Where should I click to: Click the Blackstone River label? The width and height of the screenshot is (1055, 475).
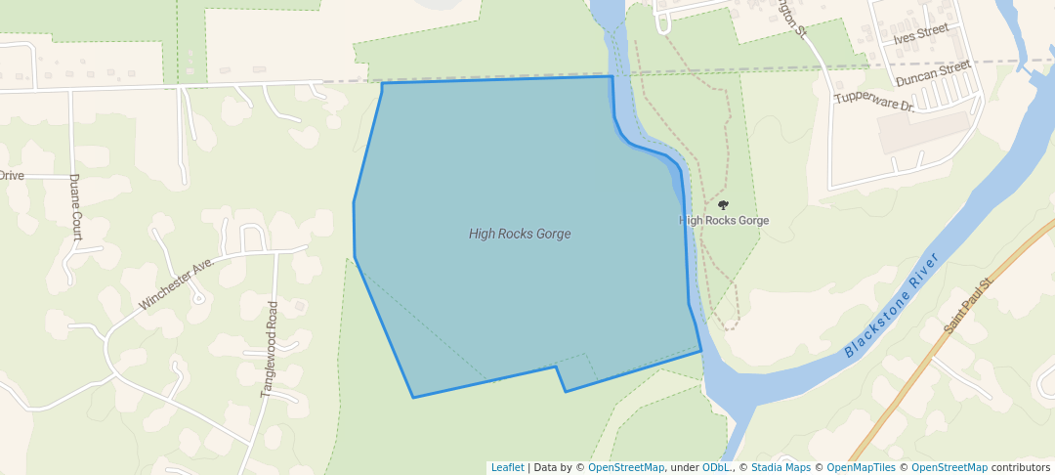coord(891,305)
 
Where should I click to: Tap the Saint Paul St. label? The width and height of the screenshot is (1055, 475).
coord(968,306)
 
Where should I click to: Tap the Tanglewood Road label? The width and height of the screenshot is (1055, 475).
coord(270,348)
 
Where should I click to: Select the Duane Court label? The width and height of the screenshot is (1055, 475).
coord(74,207)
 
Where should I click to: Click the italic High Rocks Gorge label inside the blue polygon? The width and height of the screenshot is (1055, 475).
coord(520,234)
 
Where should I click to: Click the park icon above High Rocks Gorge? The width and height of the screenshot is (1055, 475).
coord(724,205)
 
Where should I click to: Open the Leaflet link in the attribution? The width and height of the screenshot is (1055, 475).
coord(507,468)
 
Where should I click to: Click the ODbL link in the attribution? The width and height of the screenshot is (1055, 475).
coord(718,468)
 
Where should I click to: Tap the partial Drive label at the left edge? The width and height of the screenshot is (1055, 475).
coord(12,176)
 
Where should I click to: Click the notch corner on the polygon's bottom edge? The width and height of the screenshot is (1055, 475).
coord(557,367)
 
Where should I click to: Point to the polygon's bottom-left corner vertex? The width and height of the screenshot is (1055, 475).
coord(413,398)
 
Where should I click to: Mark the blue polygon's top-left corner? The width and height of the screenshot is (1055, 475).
coord(382,83)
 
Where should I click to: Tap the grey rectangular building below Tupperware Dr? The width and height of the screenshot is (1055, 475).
coord(929,131)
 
